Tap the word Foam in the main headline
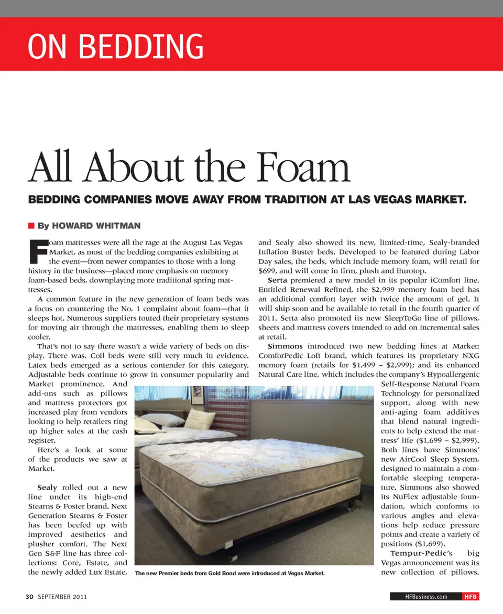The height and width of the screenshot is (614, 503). pos(302,167)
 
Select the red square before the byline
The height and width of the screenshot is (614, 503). pos(31,226)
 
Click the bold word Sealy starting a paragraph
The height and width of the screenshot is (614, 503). pos(48,488)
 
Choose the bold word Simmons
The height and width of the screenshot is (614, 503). pos(285,346)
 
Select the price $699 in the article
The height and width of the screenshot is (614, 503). pos(269,271)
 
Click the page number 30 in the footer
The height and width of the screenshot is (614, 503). pos(30,597)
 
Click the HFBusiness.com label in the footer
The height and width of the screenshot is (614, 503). pos(426,597)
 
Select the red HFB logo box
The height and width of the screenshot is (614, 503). pos(470,597)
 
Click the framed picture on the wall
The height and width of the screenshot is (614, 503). pos(196,395)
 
